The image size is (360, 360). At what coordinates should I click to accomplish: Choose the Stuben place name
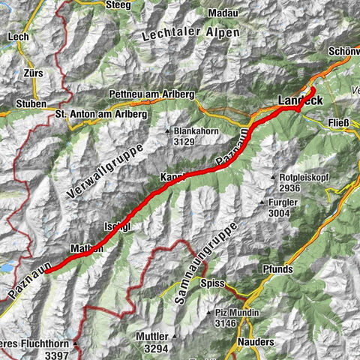tap(31, 103)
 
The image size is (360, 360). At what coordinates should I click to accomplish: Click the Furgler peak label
tap(284, 202)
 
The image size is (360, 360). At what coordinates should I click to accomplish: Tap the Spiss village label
tap(213, 283)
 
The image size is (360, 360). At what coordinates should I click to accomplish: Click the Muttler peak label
tap(153, 337)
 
